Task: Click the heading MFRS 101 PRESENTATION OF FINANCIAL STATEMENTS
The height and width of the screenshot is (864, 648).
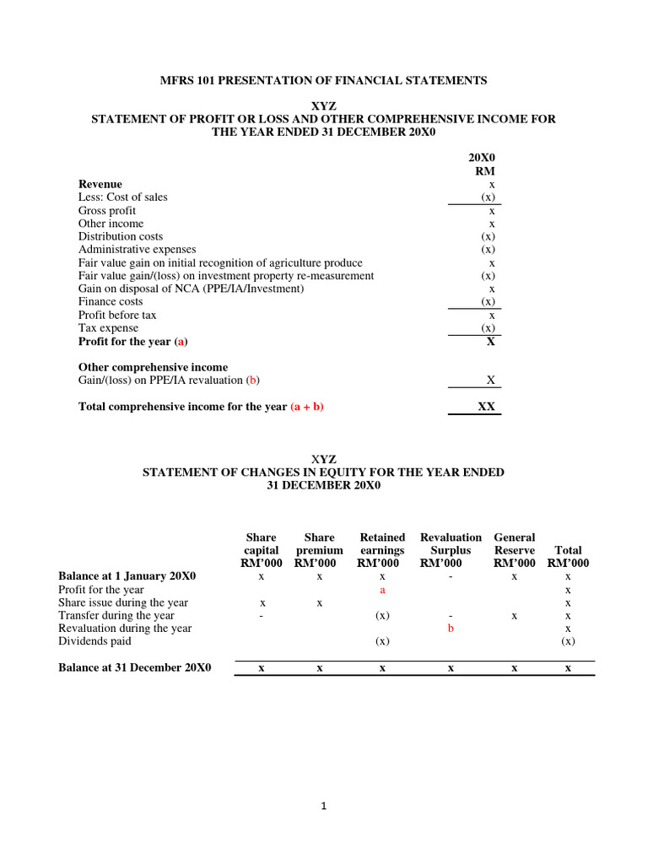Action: [x=323, y=81]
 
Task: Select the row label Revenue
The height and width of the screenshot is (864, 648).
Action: [x=100, y=184]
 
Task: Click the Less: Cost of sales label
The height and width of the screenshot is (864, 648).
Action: [x=123, y=197]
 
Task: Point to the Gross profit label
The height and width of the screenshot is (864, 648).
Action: [x=107, y=211]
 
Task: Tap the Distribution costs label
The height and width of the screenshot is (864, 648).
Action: [x=121, y=237]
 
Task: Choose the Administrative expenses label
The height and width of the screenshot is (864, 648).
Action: [x=137, y=250]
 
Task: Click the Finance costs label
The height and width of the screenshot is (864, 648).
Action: [x=111, y=301]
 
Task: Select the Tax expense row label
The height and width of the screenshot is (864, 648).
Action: [x=108, y=328]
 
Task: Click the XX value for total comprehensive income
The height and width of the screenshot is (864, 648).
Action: [x=486, y=407]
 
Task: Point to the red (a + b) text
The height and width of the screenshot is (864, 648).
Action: [x=307, y=407]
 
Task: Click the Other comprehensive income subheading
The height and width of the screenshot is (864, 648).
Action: [x=153, y=368]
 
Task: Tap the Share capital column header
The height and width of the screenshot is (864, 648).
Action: [x=262, y=550]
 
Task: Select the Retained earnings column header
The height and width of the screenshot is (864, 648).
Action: [x=382, y=550]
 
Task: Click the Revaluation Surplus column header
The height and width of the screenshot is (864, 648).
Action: [x=451, y=550]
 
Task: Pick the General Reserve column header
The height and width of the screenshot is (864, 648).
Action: [x=515, y=550]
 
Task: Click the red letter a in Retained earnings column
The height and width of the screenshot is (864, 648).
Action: [x=382, y=590]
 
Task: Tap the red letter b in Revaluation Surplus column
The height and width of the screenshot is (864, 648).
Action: [x=451, y=629]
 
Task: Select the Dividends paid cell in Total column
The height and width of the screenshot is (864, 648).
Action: [x=568, y=641]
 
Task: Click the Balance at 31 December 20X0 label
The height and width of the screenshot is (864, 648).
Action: [x=134, y=667]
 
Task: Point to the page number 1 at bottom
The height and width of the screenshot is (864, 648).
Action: [x=323, y=807]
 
